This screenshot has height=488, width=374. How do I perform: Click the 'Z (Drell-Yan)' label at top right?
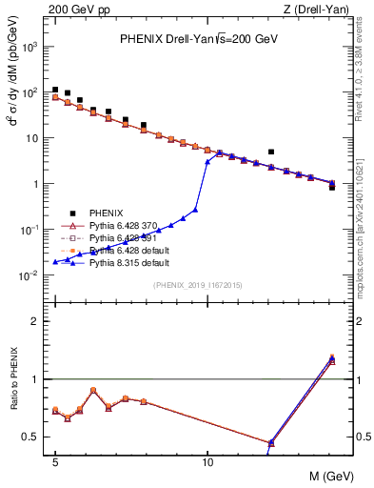318,10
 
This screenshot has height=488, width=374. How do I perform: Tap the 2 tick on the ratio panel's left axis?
38,321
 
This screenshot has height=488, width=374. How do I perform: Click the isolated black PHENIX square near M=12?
271,152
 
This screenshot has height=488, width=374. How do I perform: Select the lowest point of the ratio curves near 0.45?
271,443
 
